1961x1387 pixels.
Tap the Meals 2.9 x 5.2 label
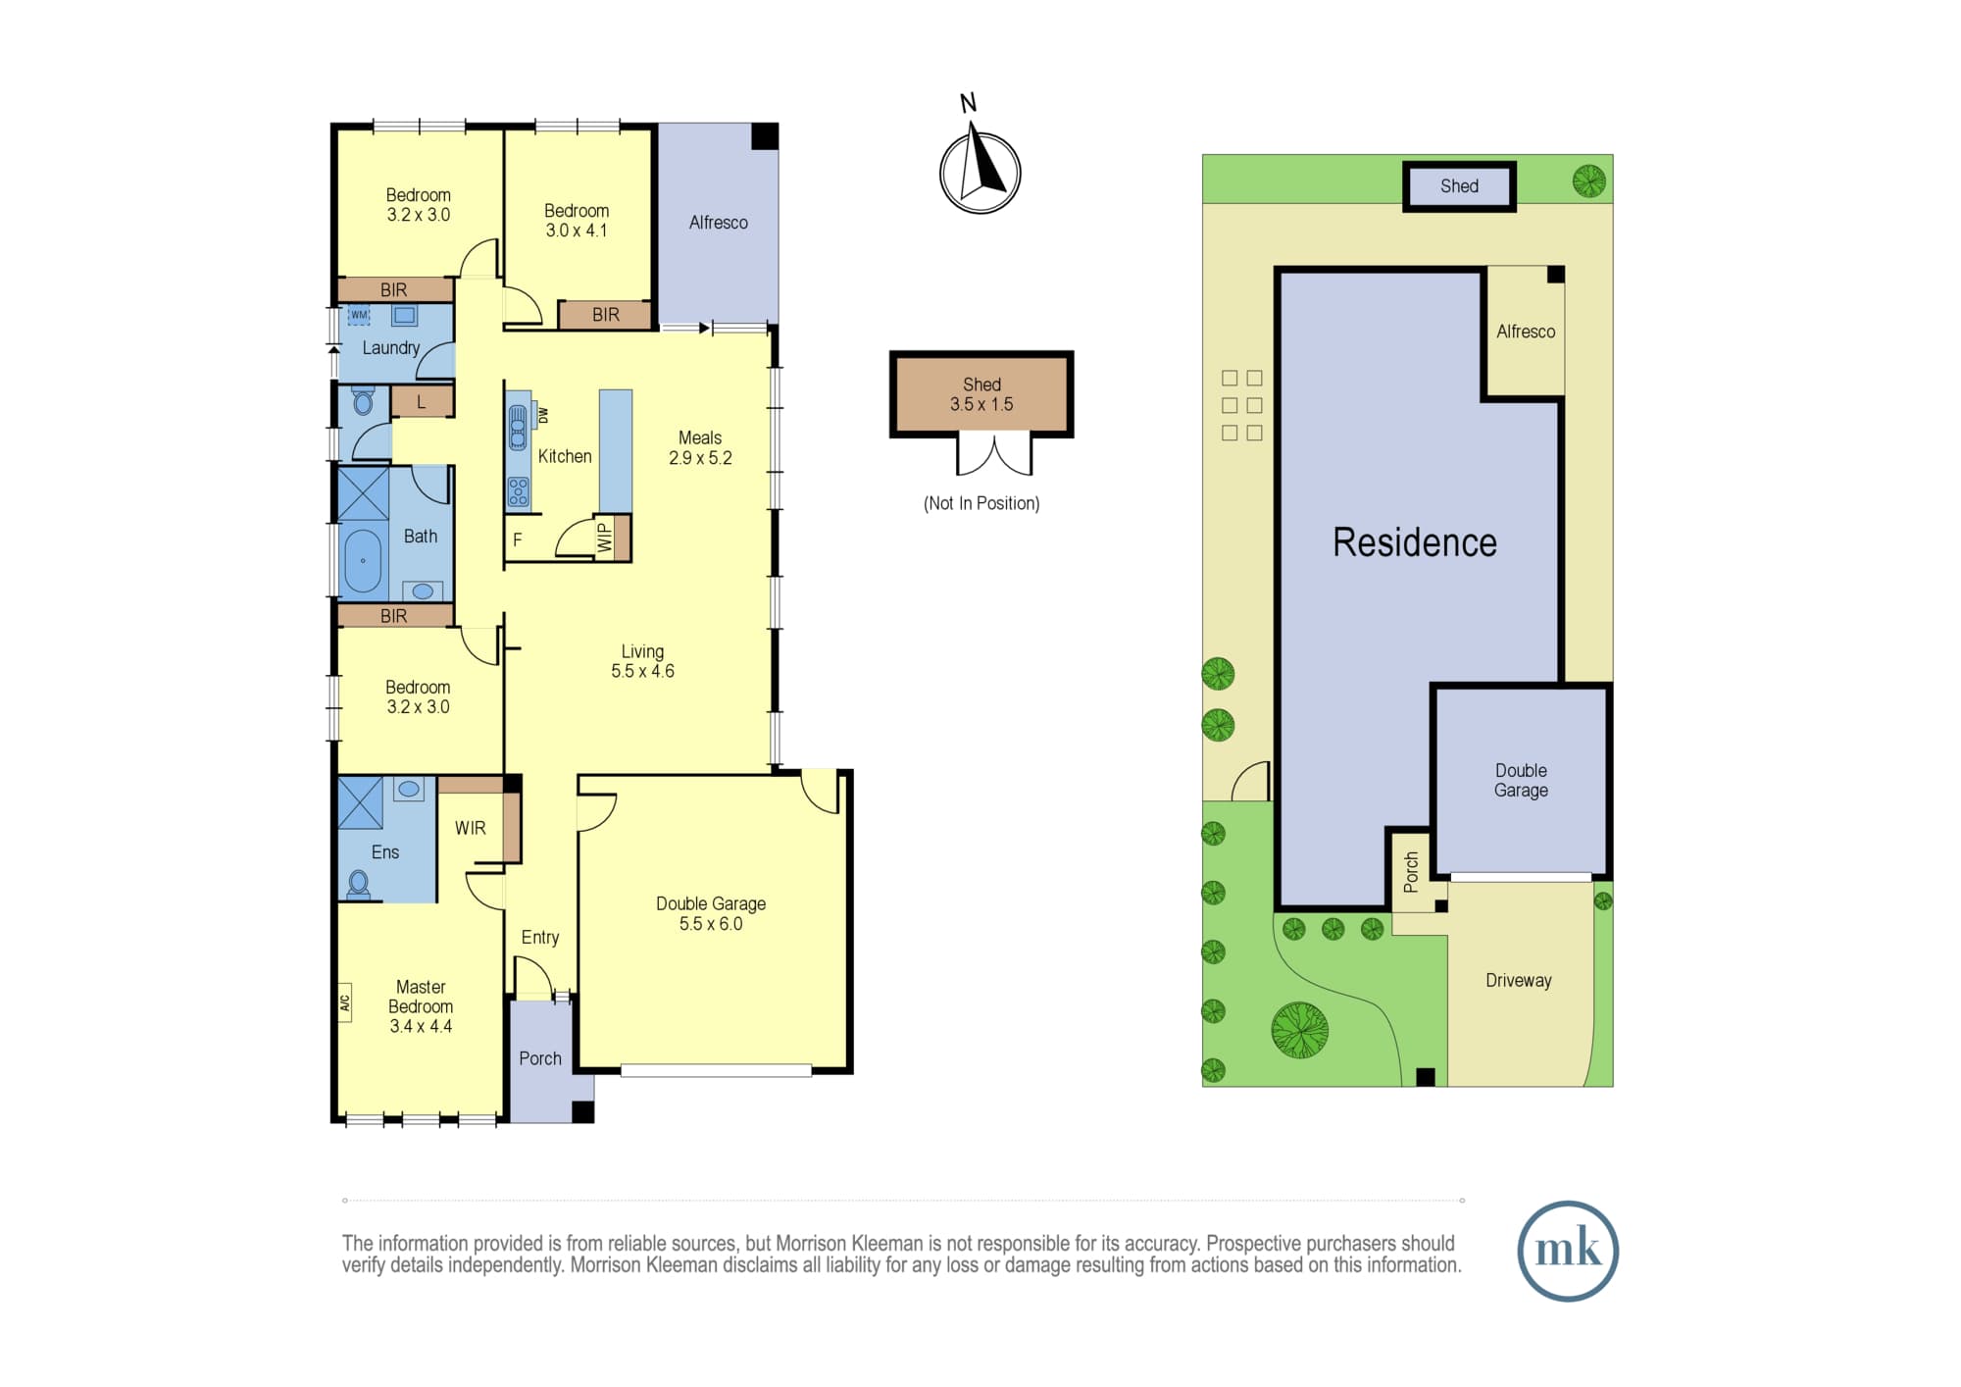(700, 447)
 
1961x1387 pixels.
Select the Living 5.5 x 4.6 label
(642, 661)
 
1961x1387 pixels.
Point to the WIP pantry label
(605, 538)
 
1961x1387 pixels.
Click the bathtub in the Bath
(363, 561)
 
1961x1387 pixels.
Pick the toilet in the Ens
(359, 885)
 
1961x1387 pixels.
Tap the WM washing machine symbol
(359, 315)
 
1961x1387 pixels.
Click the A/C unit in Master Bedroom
(344, 1003)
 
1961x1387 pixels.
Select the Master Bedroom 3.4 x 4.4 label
(421, 1006)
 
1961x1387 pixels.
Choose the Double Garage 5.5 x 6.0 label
(711, 913)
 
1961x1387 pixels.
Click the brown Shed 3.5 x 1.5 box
(981, 394)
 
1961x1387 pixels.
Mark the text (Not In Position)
(981, 503)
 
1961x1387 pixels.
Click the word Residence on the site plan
(1414, 542)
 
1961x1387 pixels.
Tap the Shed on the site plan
(1459, 186)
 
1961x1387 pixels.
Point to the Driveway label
(1518, 980)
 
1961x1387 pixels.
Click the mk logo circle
(1568, 1251)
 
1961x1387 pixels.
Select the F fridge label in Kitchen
(518, 539)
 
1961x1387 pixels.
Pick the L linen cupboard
(422, 401)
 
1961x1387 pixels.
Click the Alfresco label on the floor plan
(718, 223)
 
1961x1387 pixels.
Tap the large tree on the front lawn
(1299, 1030)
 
